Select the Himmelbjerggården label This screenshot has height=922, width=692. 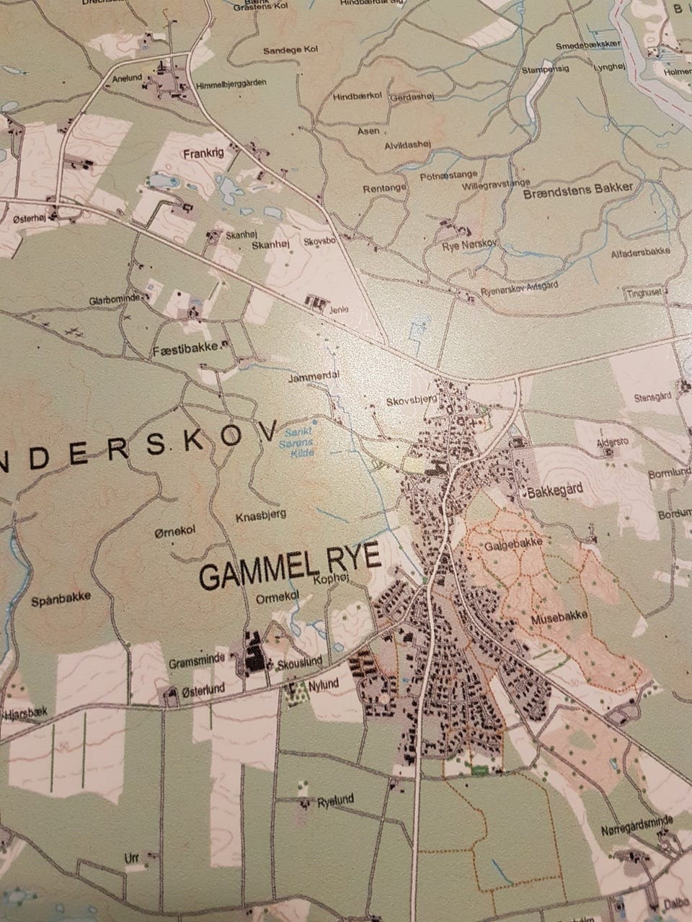click(231, 84)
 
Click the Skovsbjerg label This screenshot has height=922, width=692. click(412, 399)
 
